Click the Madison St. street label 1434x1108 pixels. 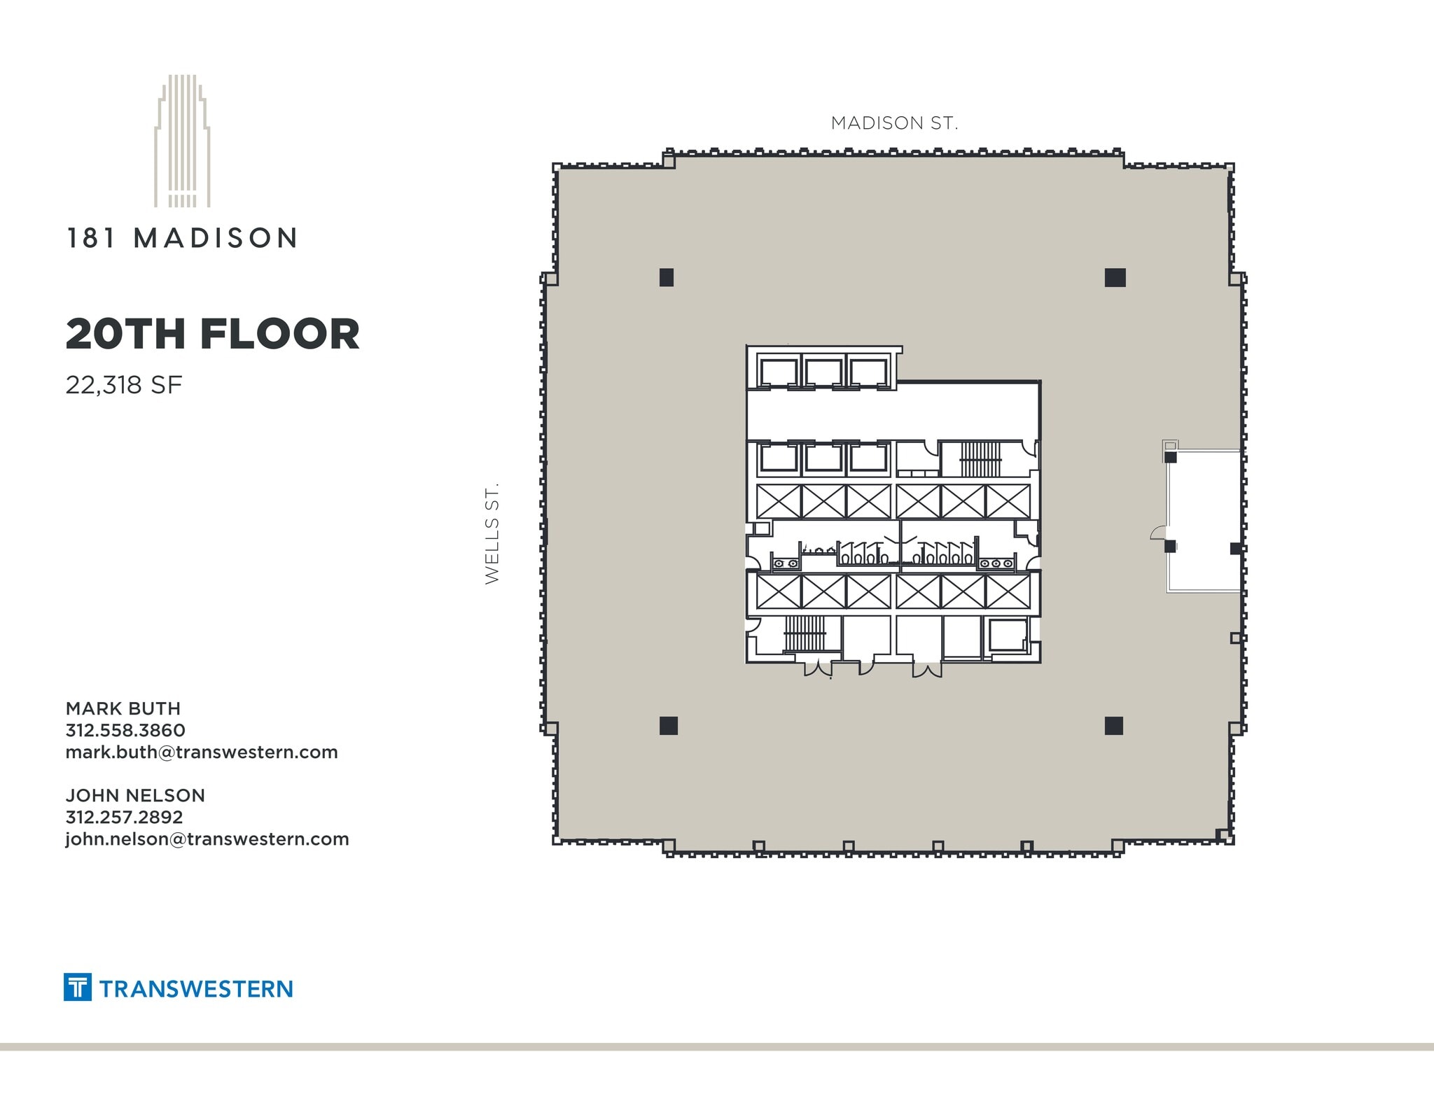coord(894,123)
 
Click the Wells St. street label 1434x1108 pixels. coord(492,533)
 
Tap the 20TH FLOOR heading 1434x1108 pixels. coord(212,334)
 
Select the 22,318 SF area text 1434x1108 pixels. coord(124,385)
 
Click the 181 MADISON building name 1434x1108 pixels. coord(182,239)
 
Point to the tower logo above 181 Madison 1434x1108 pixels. coord(182,141)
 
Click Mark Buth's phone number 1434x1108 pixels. coord(125,730)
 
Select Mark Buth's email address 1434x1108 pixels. coord(202,752)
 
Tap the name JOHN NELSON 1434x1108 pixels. coord(135,795)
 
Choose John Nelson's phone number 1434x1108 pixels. coord(124,817)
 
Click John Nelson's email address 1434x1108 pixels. coord(207,839)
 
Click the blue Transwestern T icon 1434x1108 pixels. coord(78,987)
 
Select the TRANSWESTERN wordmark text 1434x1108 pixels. coord(196,989)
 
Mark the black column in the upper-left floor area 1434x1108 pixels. coord(667,278)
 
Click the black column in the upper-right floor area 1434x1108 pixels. coord(1115,278)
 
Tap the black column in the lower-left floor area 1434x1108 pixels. coord(669,726)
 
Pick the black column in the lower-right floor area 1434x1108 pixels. coord(1114,726)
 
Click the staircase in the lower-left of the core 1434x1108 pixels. coord(805,633)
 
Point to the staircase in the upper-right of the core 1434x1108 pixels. coord(980,459)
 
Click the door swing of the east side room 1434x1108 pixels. coord(1159,533)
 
